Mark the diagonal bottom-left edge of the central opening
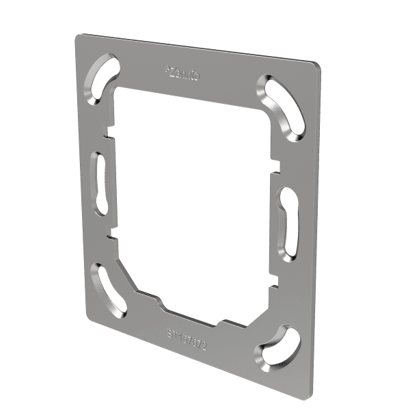click(x=130, y=273)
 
